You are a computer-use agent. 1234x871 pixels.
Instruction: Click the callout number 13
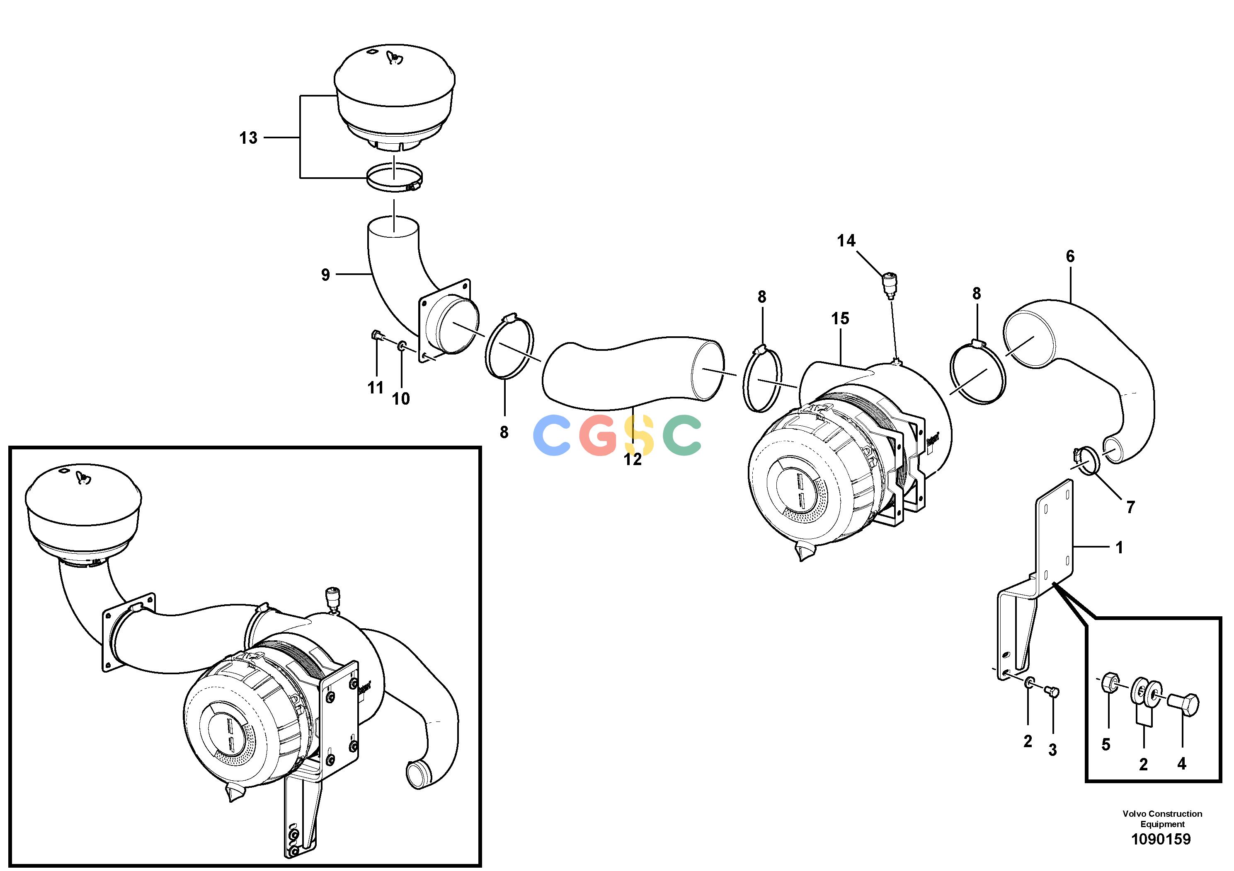[248, 138]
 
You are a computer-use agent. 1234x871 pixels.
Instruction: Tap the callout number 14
[846, 241]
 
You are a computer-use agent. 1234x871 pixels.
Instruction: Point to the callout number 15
[840, 318]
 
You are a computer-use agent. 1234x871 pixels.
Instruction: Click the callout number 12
[633, 459]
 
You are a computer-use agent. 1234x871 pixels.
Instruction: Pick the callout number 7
[1130, 507]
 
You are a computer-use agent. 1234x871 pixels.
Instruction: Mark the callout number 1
[1119, 548]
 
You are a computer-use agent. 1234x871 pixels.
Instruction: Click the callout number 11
[375, 387]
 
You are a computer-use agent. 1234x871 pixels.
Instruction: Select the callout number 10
[401, 398]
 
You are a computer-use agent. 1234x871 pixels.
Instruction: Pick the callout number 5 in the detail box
[1106, 744]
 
